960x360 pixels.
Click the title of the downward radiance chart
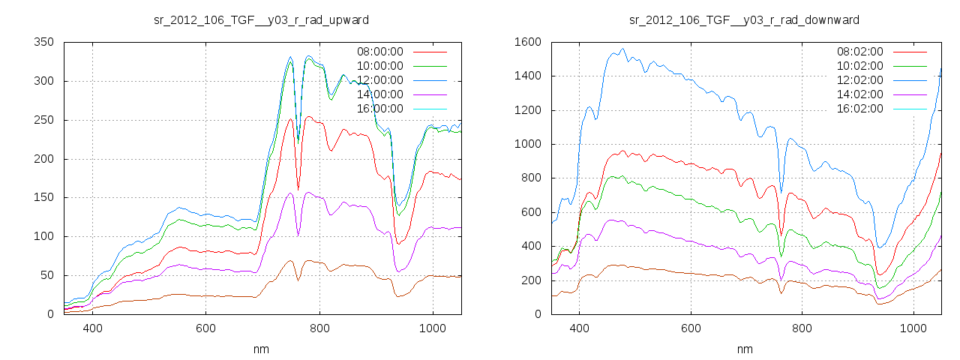pos(744,19)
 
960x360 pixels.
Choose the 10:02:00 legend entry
pos(859,66)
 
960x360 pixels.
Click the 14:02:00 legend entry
pos(859,94)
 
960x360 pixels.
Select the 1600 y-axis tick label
pos(527,42)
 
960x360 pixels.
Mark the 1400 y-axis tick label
pos(527,76)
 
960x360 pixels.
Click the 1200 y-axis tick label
pos(527,110)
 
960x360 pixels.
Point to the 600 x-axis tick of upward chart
pos(206,328)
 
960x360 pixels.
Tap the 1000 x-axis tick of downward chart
pos(913,328)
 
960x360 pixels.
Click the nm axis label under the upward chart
pos(260,349)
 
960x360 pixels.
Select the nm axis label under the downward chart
pos(744,349)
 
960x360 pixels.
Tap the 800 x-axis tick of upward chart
pos(319,328)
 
